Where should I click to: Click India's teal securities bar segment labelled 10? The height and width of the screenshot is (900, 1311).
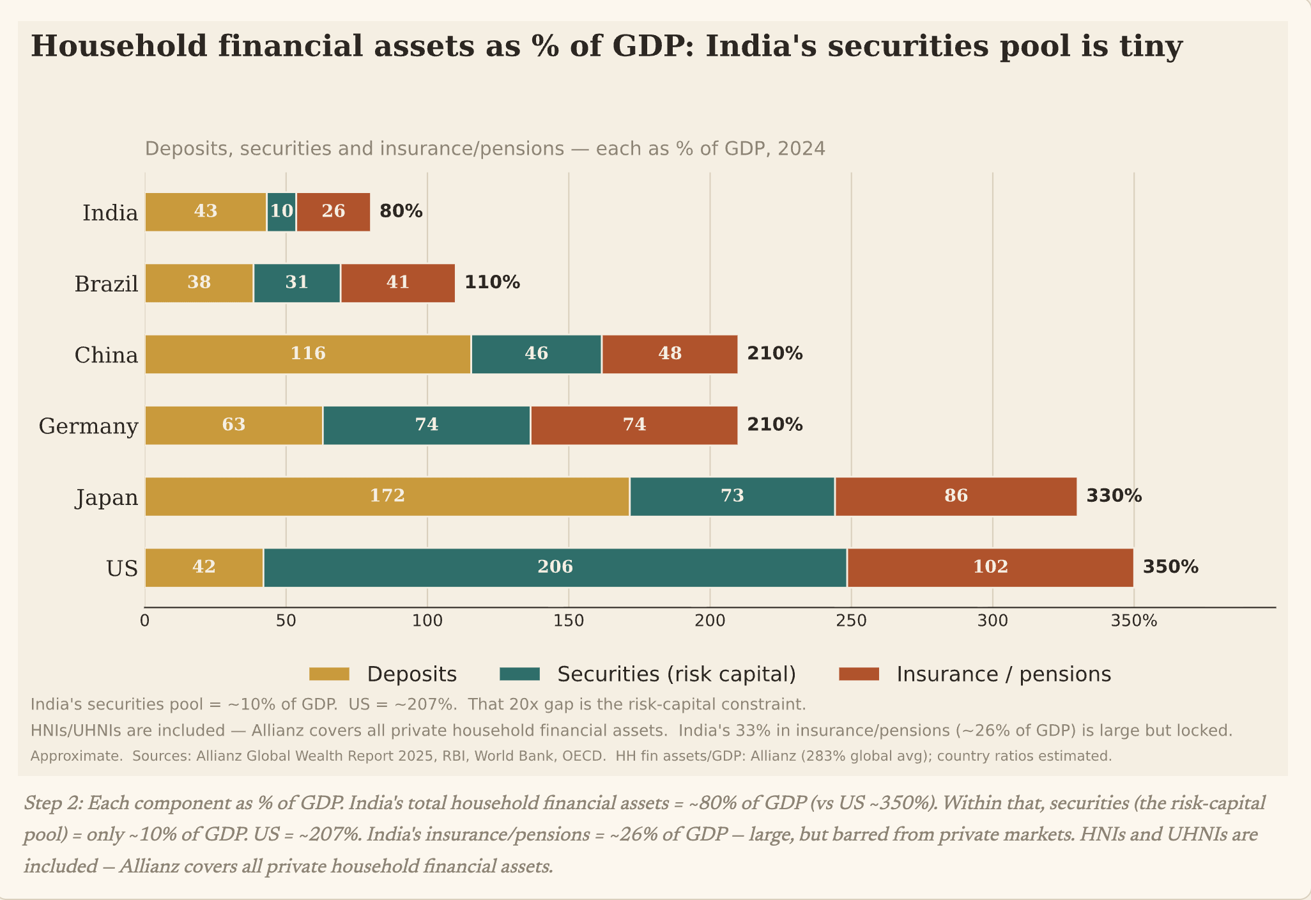(x=281, y=212)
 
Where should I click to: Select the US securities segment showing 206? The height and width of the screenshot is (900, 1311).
(x=555, y=567)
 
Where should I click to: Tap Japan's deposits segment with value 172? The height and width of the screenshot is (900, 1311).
(x=387, y=496)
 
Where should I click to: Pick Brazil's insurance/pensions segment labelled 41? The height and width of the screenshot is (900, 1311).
(x=398, y=283)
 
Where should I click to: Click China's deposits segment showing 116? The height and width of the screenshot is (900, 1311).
(x=308, y=353)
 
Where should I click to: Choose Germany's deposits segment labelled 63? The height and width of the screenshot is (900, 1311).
(x=234, y=425)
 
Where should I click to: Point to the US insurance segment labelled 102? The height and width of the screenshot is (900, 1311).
(x=990, y=567)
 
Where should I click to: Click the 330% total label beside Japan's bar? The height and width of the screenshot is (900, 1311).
(x=1114, y=496)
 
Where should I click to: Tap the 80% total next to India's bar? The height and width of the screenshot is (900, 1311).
(x=401, y=212)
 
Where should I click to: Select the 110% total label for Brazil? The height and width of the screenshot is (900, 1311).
(x=492, y=283)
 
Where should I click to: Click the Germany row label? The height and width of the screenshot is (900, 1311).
(x=88, y=426)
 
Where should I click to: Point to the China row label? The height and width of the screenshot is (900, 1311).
(x=106, y=355)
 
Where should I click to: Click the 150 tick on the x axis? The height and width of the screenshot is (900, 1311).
(x=569, y=621)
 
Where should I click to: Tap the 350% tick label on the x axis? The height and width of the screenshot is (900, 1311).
(x=1134, y=621)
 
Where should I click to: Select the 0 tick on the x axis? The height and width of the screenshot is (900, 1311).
(x=145, y=621)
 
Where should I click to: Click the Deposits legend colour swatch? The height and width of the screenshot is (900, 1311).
(x=329, y=674)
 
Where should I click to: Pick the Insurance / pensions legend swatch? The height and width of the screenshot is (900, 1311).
(x=859, y=674)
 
